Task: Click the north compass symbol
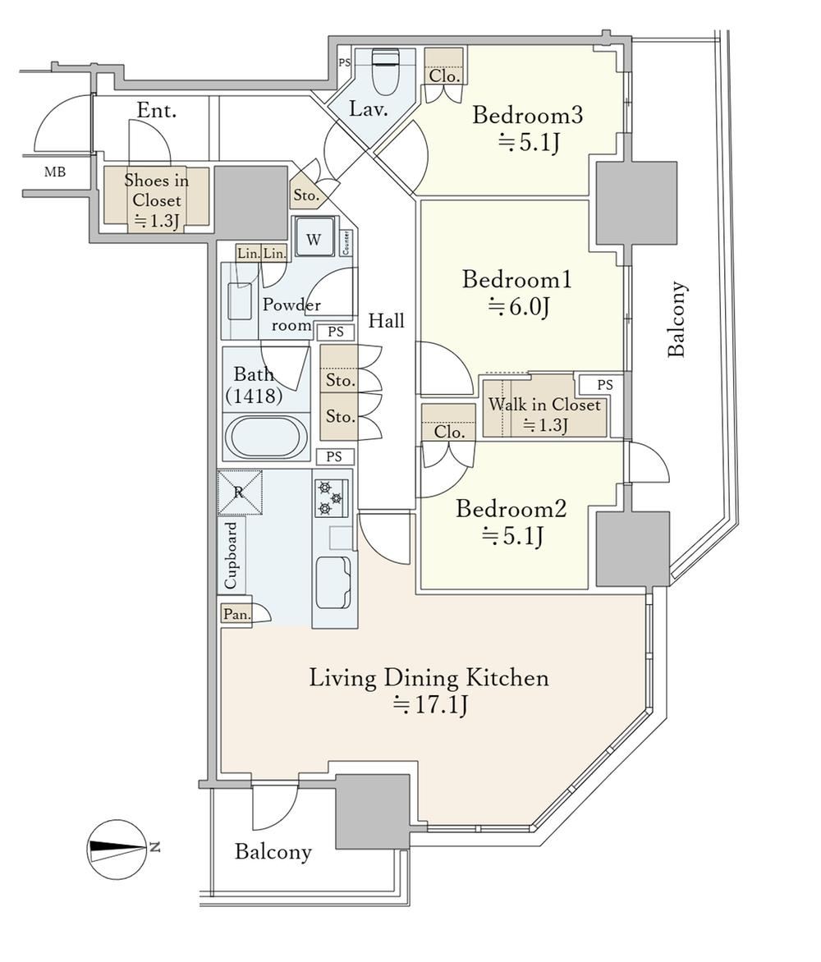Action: [117, 849]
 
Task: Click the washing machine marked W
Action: [314, 237]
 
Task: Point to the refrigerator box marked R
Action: [240, 492]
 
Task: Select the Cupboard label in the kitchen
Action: [231, 556]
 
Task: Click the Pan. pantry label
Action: [236, 614]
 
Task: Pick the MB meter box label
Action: [55, 172]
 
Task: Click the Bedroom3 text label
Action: [527, 115]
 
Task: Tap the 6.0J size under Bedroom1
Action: [519, 306]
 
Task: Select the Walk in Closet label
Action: [544, 405]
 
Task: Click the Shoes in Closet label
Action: [157, 190]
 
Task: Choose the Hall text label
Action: [386, 320]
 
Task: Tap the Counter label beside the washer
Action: [346, 243]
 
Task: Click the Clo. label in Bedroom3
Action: [444, 76]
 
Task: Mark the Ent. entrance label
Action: [157, 111]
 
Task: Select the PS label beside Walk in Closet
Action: [605, 385]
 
